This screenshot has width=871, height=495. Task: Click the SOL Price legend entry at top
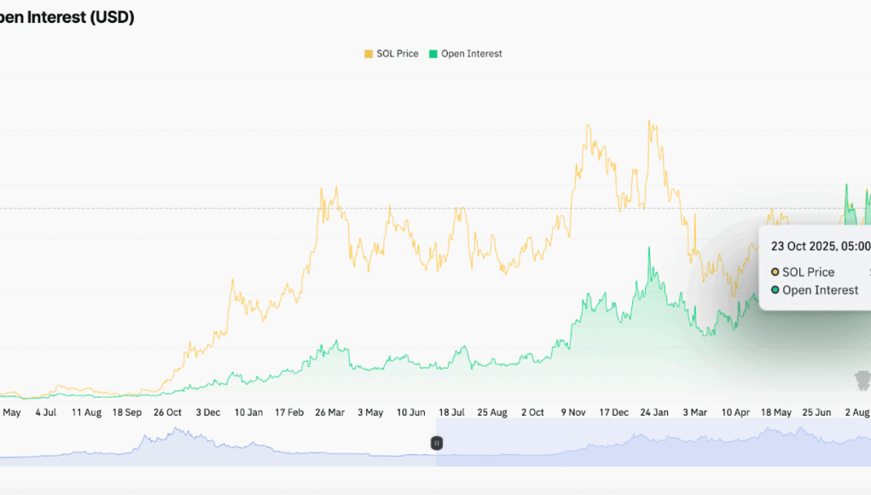[x=392, y=54]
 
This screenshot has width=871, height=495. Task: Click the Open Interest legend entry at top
[x=465, y=54]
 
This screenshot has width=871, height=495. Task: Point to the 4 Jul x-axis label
[x=45, y=412]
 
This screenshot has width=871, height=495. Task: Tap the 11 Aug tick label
[x=86, y=412]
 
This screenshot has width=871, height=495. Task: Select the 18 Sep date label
[x=127, y=412]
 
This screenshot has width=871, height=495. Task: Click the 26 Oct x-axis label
[x=167, y=412]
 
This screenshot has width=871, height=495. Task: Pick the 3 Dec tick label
[x=208, y=412]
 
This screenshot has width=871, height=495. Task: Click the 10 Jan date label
[x=249, y=412]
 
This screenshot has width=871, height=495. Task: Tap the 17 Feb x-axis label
[x=289, y=412]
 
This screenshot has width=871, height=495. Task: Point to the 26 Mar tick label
[x=330, y=412]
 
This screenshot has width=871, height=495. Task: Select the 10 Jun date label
[x=411, y=412]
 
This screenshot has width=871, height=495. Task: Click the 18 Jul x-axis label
[x=452, y=412]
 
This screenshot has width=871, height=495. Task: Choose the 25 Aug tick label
[x=492, y=412]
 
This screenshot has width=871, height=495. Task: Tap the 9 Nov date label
[x=573, y=412]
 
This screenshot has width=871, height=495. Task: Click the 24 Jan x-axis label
[x=654, y=412]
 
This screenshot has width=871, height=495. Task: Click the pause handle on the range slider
[x=436, y=443]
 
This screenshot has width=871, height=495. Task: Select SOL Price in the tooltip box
[x=807, y=272]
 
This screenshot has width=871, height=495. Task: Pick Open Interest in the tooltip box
[x=819, y=290]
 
